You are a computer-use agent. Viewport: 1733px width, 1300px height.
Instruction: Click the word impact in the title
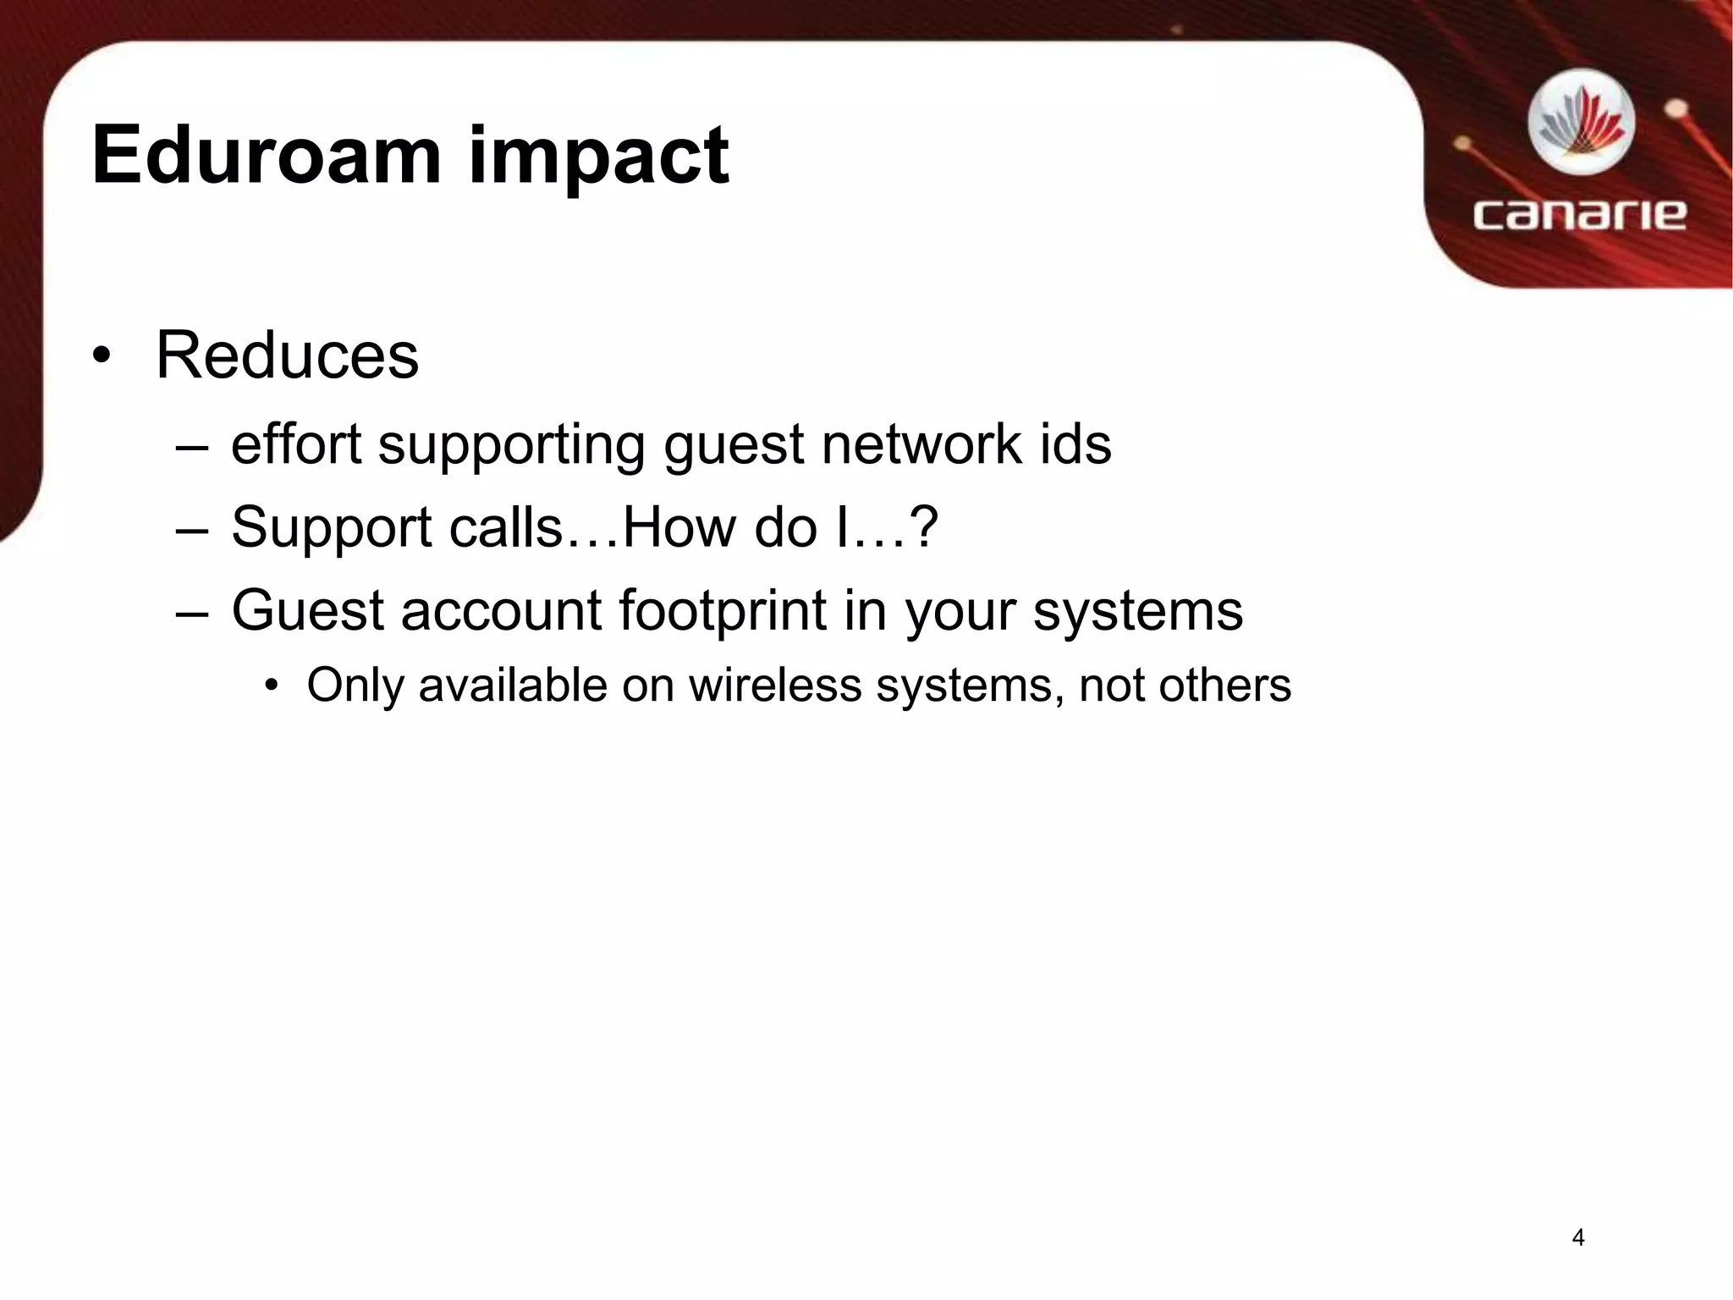tap(599, 157)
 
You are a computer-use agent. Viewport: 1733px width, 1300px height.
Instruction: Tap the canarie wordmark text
tap(1579, 214)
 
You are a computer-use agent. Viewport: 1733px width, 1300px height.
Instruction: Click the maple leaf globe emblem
tap(1581, 125)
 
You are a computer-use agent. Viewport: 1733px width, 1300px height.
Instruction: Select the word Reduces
tap(287, 355)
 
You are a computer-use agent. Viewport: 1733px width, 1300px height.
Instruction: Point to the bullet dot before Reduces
tap(102, 356)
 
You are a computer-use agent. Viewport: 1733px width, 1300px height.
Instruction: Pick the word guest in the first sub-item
tap(733, 446)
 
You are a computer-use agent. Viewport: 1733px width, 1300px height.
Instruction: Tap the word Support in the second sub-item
tap(332, 528)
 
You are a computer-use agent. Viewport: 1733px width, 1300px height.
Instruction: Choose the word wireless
tap(774, 685)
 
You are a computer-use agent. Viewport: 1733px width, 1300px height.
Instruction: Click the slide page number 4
tap(1577, 1237)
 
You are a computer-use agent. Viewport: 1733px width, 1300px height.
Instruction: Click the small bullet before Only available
tap(271, 686)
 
